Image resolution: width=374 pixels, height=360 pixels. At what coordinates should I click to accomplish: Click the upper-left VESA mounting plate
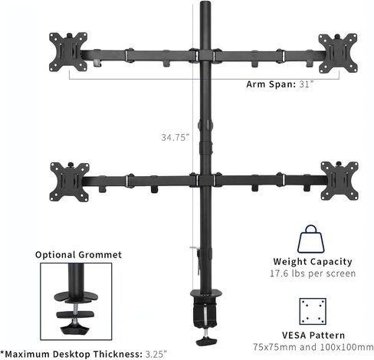point(68,52)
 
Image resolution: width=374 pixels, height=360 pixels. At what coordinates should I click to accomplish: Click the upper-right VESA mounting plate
point(338,53)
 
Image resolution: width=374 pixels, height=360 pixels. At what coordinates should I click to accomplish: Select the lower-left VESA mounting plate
point(70,182)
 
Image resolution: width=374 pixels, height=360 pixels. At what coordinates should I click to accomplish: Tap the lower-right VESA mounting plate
point(340,181)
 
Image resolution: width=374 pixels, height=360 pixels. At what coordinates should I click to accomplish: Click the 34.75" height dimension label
point(176,137)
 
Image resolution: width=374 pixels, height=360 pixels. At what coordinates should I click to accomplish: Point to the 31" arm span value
point(306,84)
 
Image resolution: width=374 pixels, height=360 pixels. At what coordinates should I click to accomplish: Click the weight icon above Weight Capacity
point(310,239)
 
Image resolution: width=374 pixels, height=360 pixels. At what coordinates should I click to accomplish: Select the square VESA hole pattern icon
point(313,311)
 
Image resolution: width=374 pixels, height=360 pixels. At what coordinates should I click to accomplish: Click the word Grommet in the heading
point(100,254)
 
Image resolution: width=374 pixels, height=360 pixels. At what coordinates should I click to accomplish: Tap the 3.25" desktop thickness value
point(156,354)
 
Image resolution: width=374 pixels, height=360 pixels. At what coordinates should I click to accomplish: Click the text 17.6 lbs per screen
point(313,273)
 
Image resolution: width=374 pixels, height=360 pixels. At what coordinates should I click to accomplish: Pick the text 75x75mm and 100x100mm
point(313,347)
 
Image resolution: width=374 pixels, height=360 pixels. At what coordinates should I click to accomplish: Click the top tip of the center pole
point(205,2)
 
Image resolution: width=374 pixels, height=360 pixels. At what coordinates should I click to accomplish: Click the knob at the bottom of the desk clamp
point(206,341)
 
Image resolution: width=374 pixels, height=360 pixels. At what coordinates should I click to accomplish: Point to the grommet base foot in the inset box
point(75,329)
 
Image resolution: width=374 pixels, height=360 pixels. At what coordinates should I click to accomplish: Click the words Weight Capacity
point(313,262)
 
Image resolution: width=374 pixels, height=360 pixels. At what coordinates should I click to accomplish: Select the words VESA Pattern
point(313,335)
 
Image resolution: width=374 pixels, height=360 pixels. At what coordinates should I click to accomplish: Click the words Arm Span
point(271,84)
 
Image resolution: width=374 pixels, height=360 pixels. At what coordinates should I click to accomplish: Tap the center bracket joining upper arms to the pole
point(205,55)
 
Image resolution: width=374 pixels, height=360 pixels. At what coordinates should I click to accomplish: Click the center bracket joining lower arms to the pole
point(205,180)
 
